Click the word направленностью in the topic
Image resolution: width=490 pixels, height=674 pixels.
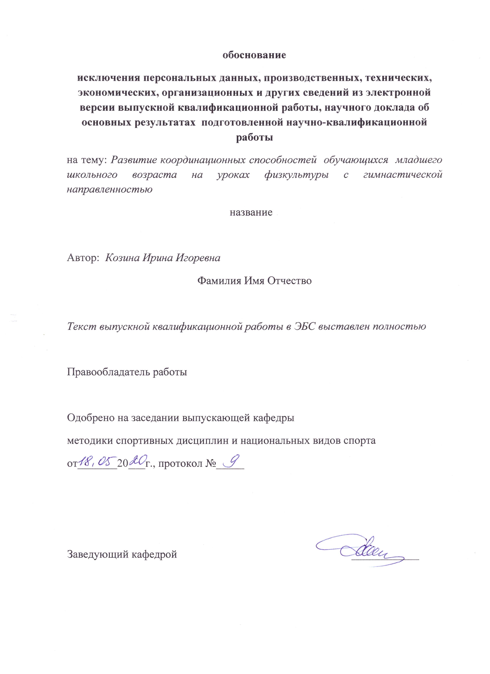109,189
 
